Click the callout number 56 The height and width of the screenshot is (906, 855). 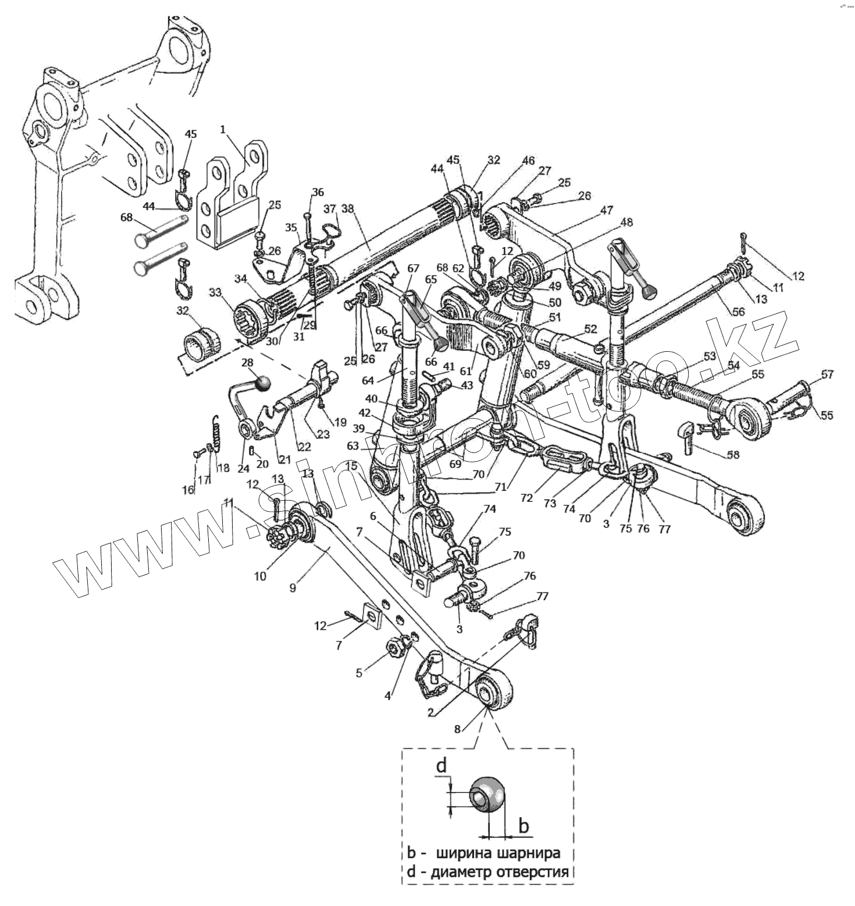point(738,312)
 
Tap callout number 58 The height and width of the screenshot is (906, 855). point(733,455)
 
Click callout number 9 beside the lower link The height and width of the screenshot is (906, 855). point(293,588)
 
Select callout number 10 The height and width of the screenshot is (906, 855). point(259,576)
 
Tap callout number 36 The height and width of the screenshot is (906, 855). point(318,192)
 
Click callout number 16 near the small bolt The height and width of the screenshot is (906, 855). point(188,490)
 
